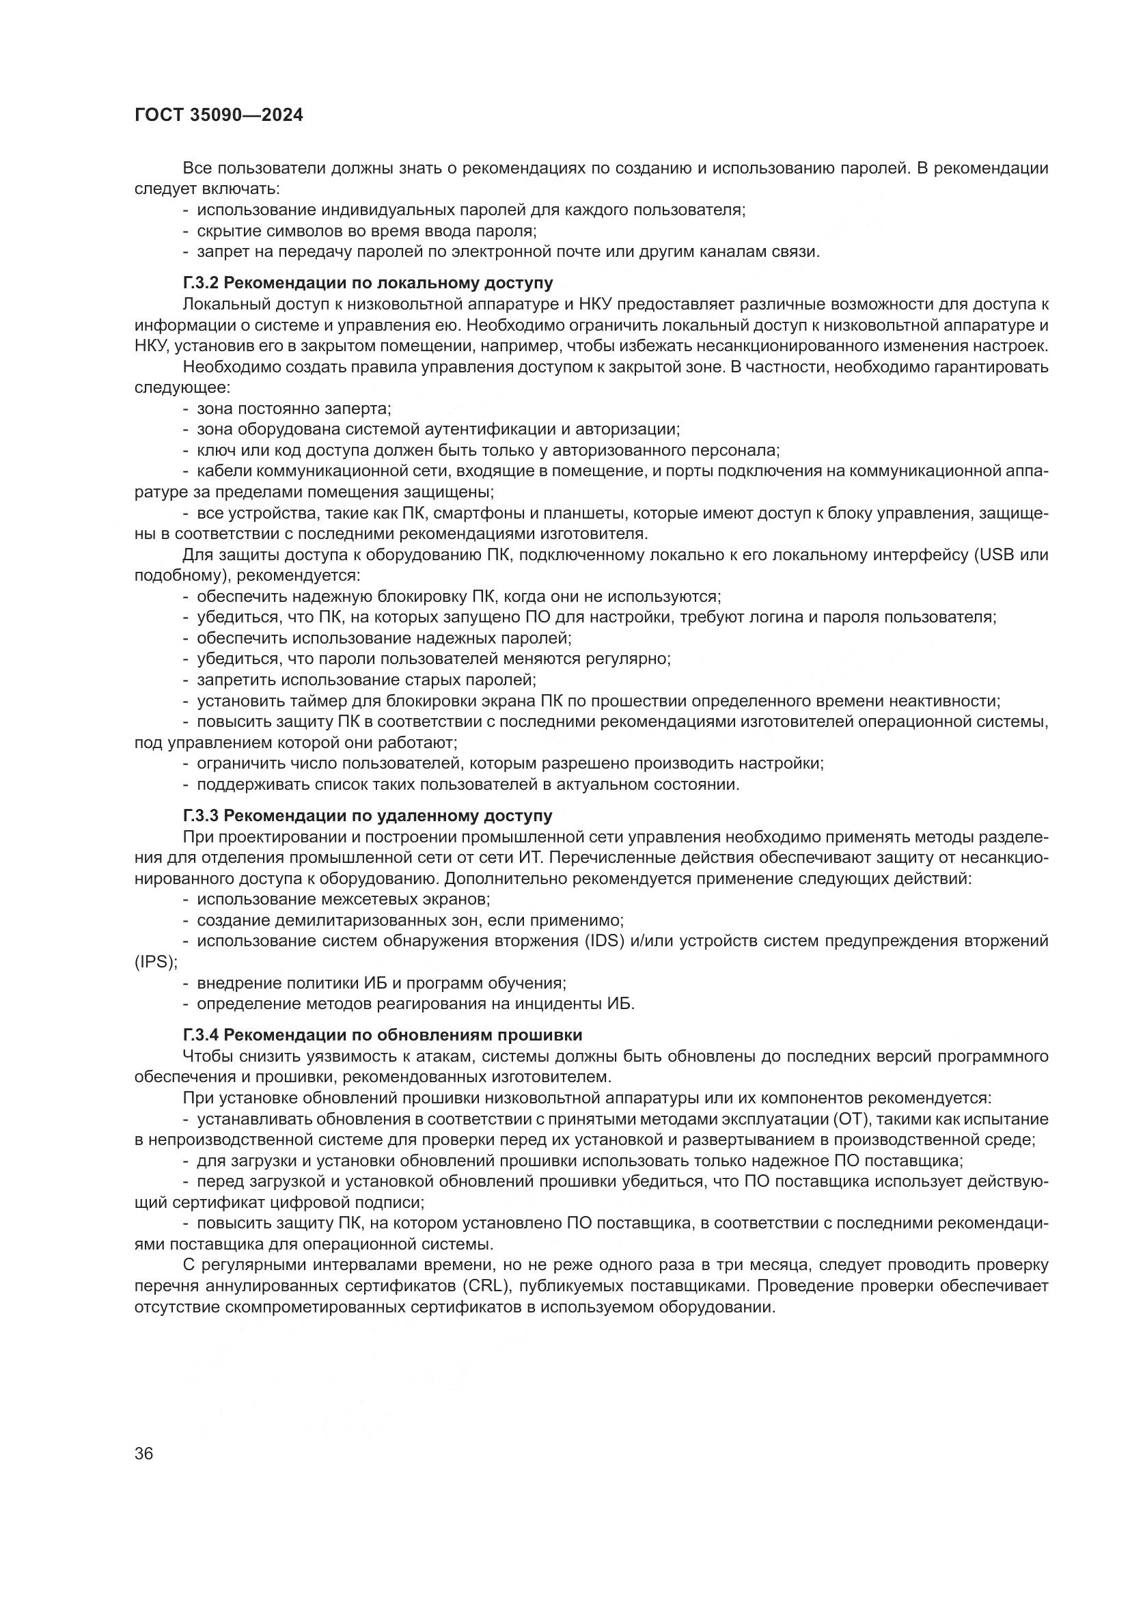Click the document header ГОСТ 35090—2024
click(x=219, y=115)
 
